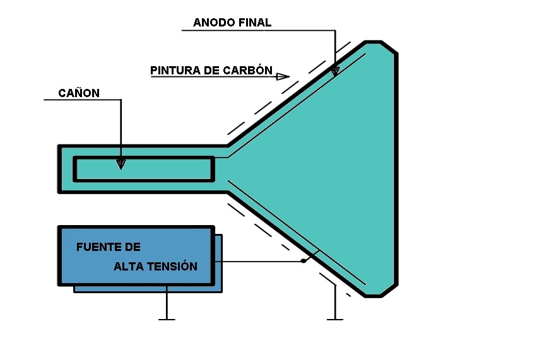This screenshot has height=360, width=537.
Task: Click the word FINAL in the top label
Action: [x=254, y=23]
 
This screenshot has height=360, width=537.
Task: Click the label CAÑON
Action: [x=79, y=93]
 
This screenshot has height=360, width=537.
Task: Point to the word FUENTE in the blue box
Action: [x=97, y=247]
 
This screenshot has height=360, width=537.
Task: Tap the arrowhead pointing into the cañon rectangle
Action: [x=121, y=164]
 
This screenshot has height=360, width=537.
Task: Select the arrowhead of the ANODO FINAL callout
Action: [x=334, y=71]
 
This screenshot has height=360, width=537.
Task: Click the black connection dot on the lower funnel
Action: [x=304, y=260]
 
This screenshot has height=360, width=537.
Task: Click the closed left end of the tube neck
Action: [x=60, y=168]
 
